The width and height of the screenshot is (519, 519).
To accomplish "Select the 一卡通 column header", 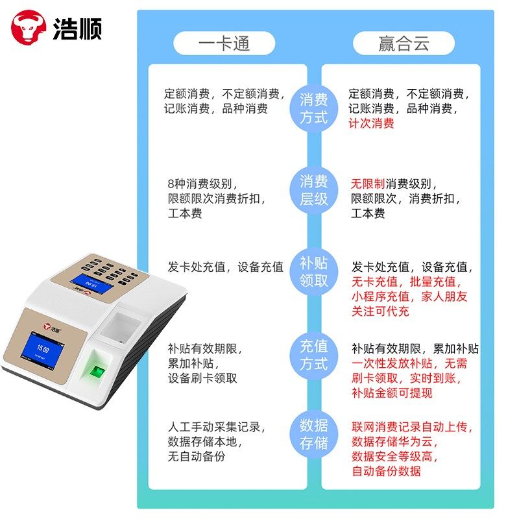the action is click(224, 43).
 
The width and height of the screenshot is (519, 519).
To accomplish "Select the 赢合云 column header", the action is click(403, 43).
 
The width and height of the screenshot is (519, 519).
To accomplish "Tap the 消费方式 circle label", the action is click(313, 109).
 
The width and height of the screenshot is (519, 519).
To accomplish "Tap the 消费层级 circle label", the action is click(313, 191).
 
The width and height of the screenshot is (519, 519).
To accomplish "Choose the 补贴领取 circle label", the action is click(313, 272).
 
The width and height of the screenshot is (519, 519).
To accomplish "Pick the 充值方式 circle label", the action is click(313, 354).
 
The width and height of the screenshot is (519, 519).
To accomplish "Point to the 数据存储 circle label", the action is click(313, 435).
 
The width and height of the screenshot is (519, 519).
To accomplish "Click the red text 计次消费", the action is click(371, 123).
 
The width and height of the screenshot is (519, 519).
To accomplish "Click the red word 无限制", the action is click(368, 184).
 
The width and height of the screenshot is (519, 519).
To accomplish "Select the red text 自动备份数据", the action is click(386, 472).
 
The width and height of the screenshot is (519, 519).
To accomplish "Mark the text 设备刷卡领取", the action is click(202, 378).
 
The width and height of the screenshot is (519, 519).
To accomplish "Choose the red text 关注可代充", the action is click(381, 311).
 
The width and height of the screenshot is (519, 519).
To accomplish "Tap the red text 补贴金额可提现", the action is click(392, 393).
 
